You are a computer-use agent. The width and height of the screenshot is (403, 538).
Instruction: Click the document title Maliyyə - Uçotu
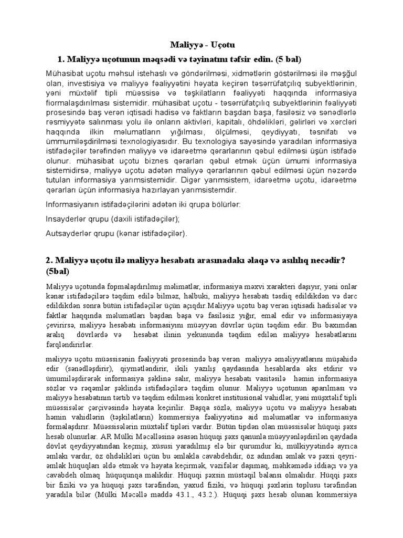coord(201,45)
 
